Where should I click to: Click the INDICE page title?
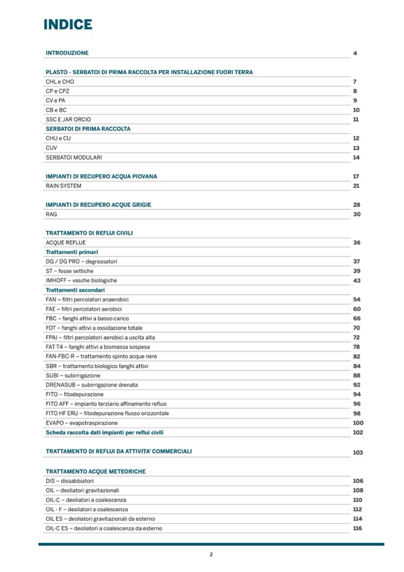(x=68, y=24)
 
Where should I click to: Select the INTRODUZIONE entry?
(x=67, y=53)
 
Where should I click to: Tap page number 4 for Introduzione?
(x=355, y=53)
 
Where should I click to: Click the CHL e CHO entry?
(x=60, y=82)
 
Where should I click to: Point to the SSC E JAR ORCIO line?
(x=68, y=119)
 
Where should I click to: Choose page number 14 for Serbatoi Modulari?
(x=356, y=157)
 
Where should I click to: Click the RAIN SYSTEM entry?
(x=63, y=186)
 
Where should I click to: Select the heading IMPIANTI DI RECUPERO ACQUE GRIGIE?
(x=98, y=205)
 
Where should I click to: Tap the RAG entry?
(x=51, y=214)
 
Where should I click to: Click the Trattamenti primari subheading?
(x=72, y=252)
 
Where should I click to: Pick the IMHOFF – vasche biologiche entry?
(x=81, y=280)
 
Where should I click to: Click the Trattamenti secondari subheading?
(x=75, y=290)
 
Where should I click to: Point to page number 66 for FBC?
(x=356, y=319)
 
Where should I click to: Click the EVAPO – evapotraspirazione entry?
(x=82, y=423)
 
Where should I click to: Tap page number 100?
(x=358, y=423)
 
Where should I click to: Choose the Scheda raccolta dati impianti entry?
(x=104, y=432)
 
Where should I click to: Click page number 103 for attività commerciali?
(x=358, y=453)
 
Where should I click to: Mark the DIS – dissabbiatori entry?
(x=69, y=481)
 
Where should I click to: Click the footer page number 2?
(x=211, y=554)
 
